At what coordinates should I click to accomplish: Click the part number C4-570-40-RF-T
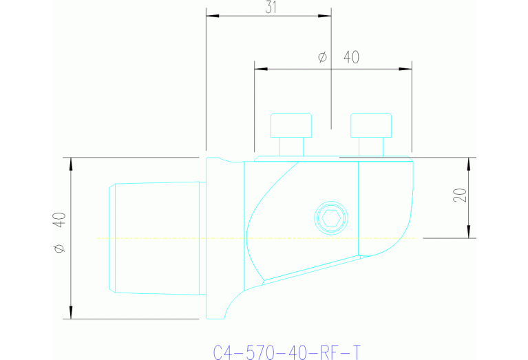(x=286, y=353)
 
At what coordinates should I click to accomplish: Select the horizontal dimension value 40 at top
(x=351, y=58)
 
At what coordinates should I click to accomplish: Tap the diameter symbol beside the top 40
(x=322, y=58)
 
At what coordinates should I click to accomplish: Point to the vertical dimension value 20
(x=461, y=195)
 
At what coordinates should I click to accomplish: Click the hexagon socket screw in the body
(x=331, y=218)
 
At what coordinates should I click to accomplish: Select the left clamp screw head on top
(x=291, y=125)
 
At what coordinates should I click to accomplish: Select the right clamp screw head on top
(x=372, y=125)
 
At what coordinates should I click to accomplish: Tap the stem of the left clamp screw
(x=291, y=146)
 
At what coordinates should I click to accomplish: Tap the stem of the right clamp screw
(x=372, y=146)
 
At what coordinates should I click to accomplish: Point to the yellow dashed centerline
(x=172, y=238)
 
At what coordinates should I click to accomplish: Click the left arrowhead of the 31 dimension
(x=211, y=15)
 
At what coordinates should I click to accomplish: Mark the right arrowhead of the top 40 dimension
(x=406, y=68)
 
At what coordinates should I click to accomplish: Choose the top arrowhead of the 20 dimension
(x=469, y=162)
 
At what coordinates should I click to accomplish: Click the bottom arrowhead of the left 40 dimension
(x=70, y=314)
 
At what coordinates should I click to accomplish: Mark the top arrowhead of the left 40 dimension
(x=70, y=162)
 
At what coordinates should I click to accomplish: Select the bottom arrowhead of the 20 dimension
(x=469, y=233)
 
